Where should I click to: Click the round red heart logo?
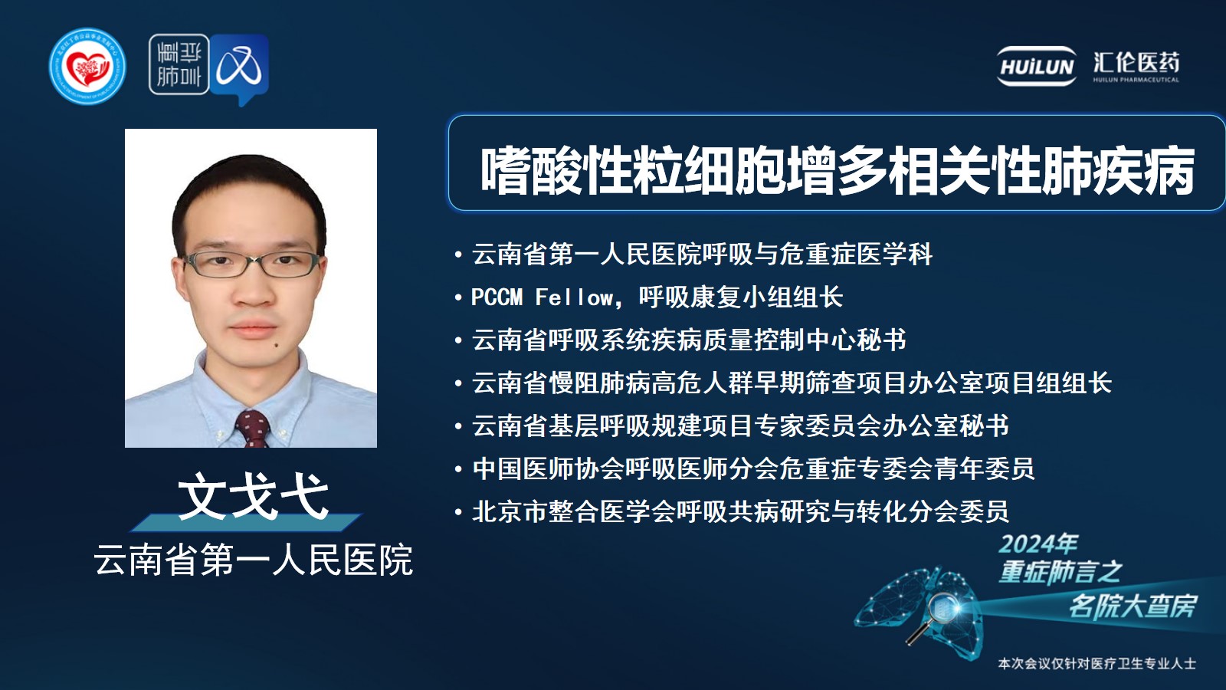87,66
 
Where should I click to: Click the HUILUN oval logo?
1036,66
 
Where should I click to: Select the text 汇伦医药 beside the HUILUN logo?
1136,63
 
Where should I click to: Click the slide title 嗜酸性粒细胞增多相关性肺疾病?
837,172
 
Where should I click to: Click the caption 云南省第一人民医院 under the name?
254,560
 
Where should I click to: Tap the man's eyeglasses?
252,264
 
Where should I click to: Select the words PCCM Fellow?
542,297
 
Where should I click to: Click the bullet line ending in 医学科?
702,255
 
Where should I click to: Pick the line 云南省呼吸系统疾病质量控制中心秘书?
689,340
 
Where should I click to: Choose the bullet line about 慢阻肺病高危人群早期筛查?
792,383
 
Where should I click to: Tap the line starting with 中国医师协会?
753,468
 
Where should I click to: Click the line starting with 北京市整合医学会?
740,512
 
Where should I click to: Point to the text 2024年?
1038,544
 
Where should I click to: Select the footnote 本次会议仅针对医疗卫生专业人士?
1097,664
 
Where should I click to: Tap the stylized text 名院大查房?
1133,606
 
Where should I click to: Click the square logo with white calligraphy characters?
179,64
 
